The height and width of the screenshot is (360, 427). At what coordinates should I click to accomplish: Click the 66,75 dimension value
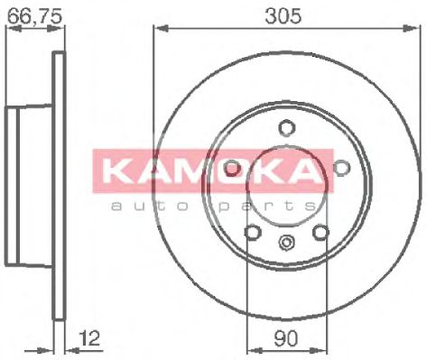[34, 15]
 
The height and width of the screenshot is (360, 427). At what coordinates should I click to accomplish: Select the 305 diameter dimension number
[283, 15]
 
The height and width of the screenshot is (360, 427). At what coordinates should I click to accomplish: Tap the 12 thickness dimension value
[89, 338]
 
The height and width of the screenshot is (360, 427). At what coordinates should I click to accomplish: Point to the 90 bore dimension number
[286, 338]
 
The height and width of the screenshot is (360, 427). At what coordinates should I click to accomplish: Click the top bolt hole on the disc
[286, 128]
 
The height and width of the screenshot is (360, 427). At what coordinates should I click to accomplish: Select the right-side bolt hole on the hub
[341, 168]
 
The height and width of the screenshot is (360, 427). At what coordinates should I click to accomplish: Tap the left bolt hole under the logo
[232, 168]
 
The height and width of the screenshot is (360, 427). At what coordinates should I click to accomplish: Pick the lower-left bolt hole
[252, 232]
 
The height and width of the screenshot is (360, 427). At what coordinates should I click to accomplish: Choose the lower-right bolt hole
[320, 232]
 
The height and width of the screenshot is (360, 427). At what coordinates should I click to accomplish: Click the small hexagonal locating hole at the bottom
[286, 242]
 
